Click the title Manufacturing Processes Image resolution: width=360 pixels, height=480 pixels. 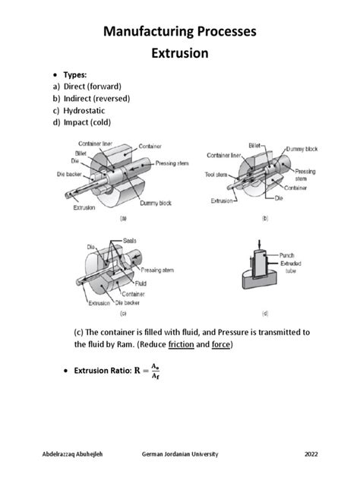[x=179, y=31]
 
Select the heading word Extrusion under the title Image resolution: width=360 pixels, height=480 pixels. [x=179, y=55]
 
